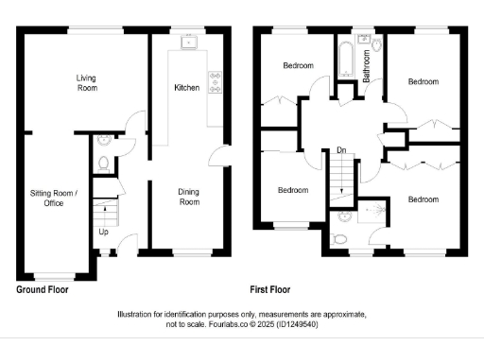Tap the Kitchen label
186,87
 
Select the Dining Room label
189,197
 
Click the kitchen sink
189,41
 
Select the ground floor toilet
103,163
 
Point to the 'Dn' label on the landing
339,150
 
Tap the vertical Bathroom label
367,74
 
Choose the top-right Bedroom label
423,81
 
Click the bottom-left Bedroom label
293,190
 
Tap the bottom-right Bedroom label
423,199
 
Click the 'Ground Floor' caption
43,290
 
